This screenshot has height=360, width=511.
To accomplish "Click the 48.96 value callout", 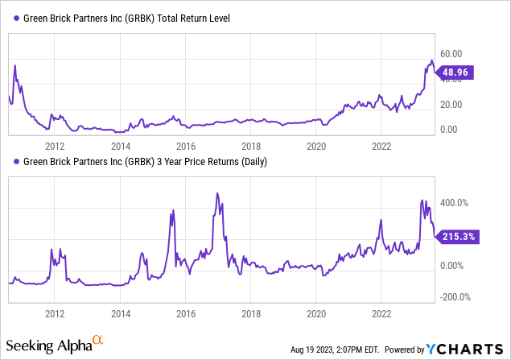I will pyautogui.click(x=455, y=72).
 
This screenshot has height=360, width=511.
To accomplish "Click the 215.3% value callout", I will pyautogui.click(x=458, y=237).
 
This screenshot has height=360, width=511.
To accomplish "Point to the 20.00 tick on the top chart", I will pyautogui.click(x=451, y=105).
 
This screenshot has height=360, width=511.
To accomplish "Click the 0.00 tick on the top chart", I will pyautogui.click(x=447, y=130).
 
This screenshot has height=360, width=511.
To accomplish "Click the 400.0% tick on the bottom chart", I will pyautogui.click(x=454, y=203).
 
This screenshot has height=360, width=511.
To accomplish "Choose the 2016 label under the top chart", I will pyautogui.click(x=186, y=147).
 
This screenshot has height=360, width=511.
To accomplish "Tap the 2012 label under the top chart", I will pyautogui.click(x=55, y=147).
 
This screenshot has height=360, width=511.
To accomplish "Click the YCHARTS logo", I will pyautogui.click(x=467, y=350).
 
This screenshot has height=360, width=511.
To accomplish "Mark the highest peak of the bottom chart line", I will pyautogui.click(x=218, y=193).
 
